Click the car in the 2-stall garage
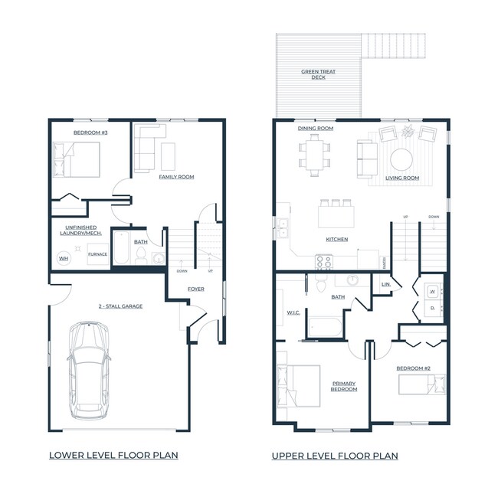click(88, 370)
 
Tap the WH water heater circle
click(64, 259)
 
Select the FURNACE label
click(97, 253)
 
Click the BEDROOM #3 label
click(89, 133)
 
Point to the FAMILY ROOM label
click(176, 177)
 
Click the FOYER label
click(196, 289)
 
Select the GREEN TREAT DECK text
click(318, 75)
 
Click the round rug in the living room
click(401, 159)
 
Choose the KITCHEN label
click(337, 240)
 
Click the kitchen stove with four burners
click(324, 263)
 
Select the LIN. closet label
click(386, 286)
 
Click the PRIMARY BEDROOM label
click(345, 386)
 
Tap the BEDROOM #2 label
click(413, 369)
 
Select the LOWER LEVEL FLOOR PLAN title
click(113, 455)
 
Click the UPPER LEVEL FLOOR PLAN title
click(335, 456)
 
